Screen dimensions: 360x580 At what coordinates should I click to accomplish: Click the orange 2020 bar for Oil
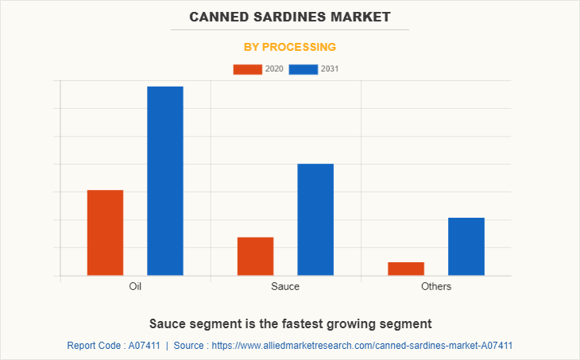point(105,233)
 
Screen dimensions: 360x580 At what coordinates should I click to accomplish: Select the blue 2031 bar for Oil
point(165,181)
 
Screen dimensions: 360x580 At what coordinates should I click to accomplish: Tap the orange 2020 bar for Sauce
point(255,256)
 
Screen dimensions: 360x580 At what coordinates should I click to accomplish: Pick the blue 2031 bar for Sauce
point(315,219)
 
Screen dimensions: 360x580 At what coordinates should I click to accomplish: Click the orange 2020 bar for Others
point(406,269)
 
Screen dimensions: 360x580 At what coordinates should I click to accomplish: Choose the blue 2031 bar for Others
point(466,246)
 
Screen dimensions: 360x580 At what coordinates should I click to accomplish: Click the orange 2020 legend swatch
point(247,69)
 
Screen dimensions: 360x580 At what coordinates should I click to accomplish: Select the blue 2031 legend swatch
point(303,69)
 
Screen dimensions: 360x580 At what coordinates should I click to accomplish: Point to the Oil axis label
point(135,286)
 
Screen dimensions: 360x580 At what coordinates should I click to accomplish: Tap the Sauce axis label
point(285,286)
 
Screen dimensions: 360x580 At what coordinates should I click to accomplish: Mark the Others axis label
point(436,286)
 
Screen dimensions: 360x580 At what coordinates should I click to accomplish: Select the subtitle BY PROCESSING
point(290,47)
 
